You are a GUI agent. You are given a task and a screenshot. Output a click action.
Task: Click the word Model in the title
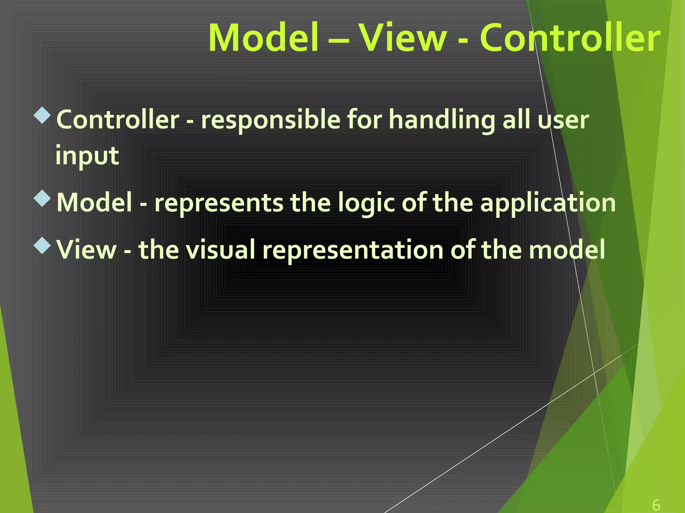263,37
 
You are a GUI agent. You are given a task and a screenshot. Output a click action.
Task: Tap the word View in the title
402,37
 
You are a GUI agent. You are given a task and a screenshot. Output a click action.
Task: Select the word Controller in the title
570,37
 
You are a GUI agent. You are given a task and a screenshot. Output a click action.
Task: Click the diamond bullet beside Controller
42,116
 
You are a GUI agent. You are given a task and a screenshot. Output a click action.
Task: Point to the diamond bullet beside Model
42,198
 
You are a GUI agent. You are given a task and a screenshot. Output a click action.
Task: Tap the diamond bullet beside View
42,246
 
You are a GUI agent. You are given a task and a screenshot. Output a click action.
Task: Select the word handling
442,120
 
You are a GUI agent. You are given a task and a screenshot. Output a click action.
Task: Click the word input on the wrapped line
87,156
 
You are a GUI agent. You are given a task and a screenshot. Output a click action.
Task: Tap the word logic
366,203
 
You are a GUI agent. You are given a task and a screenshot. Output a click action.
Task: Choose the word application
548,203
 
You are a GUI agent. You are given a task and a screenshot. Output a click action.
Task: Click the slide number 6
656,505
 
